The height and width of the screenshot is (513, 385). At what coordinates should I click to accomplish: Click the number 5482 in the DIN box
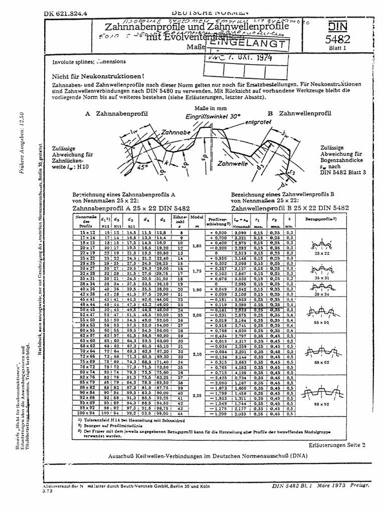339,40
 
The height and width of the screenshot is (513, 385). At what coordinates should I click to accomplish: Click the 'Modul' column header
197,219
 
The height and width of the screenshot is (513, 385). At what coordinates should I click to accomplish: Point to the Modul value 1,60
197,245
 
